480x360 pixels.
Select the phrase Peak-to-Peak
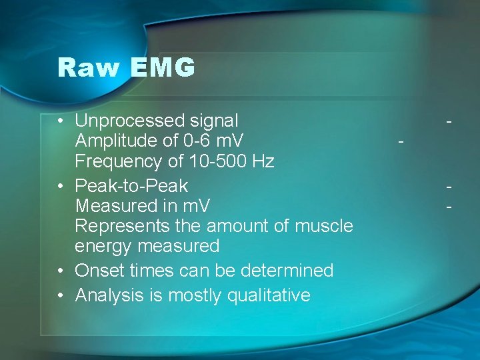(131, 185)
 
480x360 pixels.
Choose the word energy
(103, 247)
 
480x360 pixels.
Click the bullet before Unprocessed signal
(61, 121)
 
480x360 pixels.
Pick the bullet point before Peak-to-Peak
(61, 186)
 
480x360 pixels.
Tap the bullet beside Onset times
(61, 271)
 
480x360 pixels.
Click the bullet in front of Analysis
(61, 295)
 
